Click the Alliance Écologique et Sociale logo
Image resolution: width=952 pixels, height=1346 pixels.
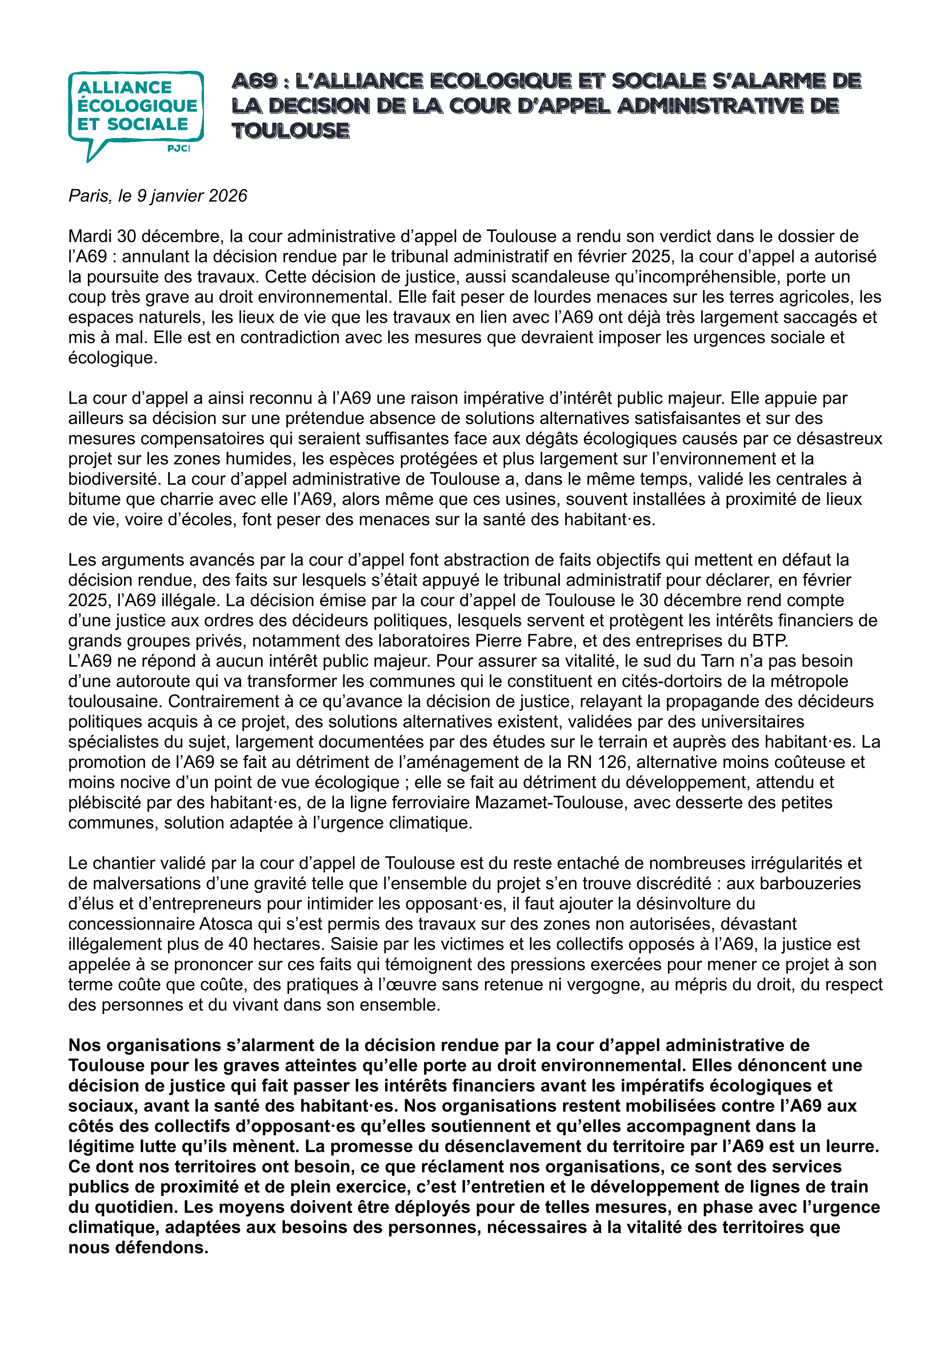pos(136,115)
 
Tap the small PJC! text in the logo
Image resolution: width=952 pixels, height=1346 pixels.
pos(178,149)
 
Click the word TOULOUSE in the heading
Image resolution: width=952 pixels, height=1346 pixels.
pos(291,131)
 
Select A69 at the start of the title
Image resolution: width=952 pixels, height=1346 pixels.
pos(254,81)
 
